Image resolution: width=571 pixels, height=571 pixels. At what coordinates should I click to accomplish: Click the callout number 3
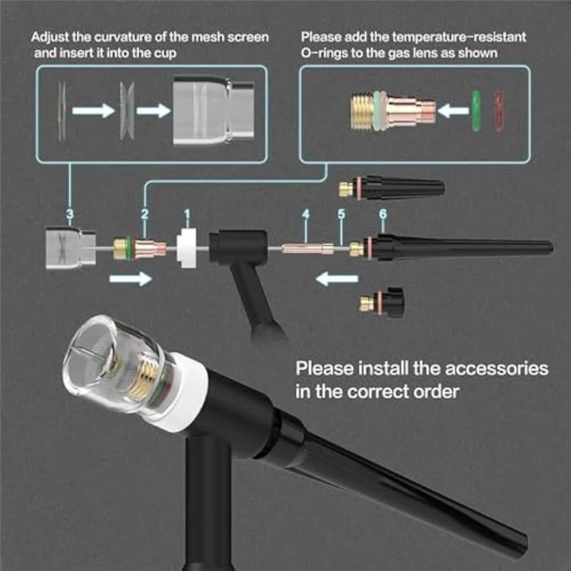point(69,213)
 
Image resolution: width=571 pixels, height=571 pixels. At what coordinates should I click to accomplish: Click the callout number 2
point(144,213)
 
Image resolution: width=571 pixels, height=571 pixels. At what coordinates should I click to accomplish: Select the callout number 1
point(187,213)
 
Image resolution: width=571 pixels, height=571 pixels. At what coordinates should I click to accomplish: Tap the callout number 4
point(305,213)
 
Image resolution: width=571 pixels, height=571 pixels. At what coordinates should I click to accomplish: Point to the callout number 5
point(341,213)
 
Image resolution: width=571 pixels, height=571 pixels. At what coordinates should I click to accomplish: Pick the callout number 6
point(383,213)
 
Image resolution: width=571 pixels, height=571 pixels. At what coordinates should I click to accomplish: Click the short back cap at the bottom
point(382,303)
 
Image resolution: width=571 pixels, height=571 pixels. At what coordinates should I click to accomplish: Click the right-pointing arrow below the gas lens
point(131,278)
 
